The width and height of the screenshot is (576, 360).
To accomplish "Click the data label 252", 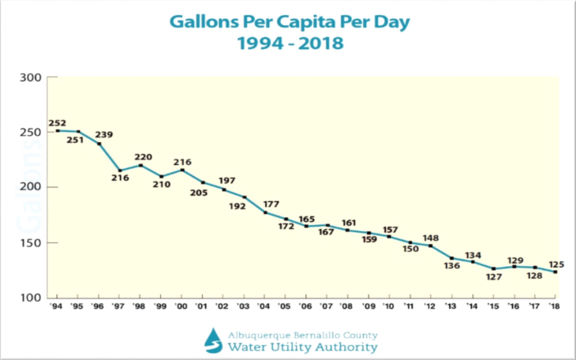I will tap(57, 123).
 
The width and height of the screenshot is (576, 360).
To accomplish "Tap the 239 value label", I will tap(104, 134).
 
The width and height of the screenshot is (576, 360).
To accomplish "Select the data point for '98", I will tap(140, 165).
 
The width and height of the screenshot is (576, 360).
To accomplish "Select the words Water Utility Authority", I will tap(303, 347).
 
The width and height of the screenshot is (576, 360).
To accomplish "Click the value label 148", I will tap(431, 238).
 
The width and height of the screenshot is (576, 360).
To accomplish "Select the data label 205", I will tap(200, 192).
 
